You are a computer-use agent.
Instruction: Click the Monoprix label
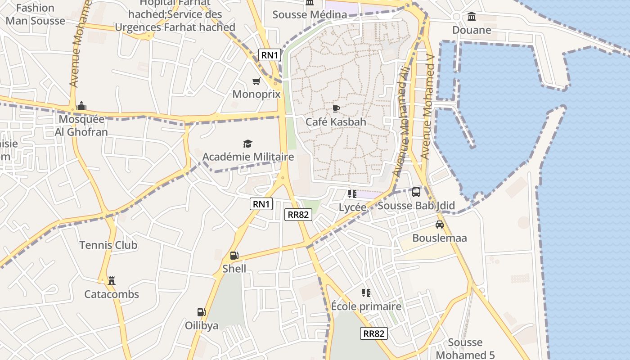(x=256, y=94)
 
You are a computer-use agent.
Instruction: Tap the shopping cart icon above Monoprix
(x=256, y=81)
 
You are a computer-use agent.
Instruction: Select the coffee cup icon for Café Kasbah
(x=336, y=108)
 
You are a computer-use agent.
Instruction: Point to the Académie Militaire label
(x=248, y=157)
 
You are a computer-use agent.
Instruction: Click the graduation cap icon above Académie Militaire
(x=247, y=144)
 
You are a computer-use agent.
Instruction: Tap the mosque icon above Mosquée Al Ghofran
(x=81, y=106)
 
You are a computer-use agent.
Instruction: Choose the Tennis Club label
(x=108, y=245)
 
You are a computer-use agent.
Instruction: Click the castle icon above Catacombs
(x=112, y=281)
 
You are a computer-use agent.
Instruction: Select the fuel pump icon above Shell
(x=234, y=256)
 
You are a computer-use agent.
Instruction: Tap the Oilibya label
(x=202, y=325)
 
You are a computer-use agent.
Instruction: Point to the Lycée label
(x=352, y=207)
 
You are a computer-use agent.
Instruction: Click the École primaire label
(x=366, y=306)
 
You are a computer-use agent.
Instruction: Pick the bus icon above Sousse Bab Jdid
(x=416, y=192)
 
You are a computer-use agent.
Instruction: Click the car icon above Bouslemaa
(x=440, y=225)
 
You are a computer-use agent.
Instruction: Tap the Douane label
(x=472, y=30)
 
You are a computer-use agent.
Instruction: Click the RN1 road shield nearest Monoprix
(x=270, y=55)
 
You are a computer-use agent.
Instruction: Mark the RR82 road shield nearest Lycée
(x=298, y=215)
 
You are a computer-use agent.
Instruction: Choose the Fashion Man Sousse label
(x=36, y=14)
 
